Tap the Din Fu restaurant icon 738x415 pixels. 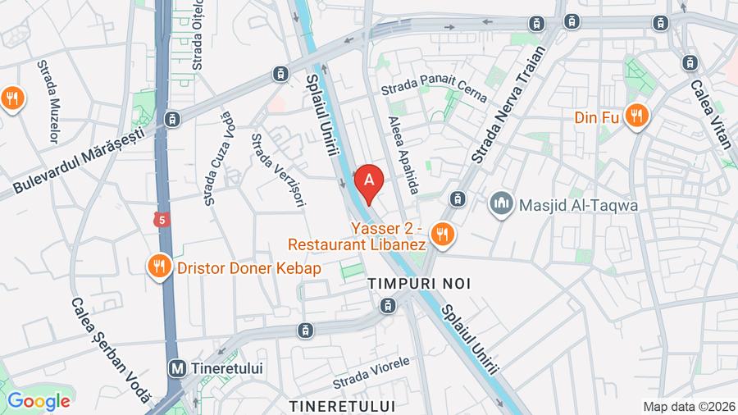[635, 116]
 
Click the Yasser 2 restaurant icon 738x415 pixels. [443, 235]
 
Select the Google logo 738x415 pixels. [38, 401]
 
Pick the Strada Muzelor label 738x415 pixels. [48, 101]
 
